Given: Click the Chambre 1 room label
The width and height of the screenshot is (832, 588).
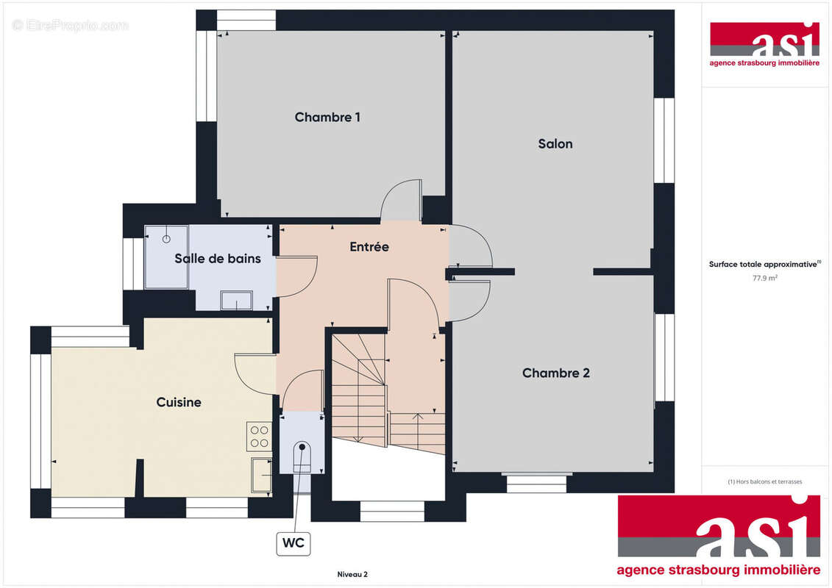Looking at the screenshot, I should point(327,117).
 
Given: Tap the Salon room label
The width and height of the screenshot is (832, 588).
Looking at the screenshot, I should point(555,144).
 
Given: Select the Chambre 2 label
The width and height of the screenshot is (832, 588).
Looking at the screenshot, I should point(555,373).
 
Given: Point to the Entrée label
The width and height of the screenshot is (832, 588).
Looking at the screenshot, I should point(369,247).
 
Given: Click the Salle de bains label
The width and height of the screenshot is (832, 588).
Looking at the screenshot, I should point(217,259).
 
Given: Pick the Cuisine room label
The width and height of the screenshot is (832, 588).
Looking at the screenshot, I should point(179,402).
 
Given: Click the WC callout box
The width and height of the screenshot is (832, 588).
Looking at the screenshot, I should point(294,544).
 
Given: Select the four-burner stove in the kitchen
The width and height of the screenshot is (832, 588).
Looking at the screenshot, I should point(259,437).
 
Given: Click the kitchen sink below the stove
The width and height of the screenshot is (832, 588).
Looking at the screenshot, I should point(260,474).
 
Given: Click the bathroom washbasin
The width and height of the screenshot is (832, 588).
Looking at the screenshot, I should point(235,301).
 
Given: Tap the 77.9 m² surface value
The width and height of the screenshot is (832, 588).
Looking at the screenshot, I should point(765,279).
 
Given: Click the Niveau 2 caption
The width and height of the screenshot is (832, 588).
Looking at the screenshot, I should point(352,574).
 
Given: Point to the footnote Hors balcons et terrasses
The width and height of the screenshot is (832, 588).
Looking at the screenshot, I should point(765,482).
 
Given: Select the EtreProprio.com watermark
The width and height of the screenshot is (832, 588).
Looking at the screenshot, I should point(71,26).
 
